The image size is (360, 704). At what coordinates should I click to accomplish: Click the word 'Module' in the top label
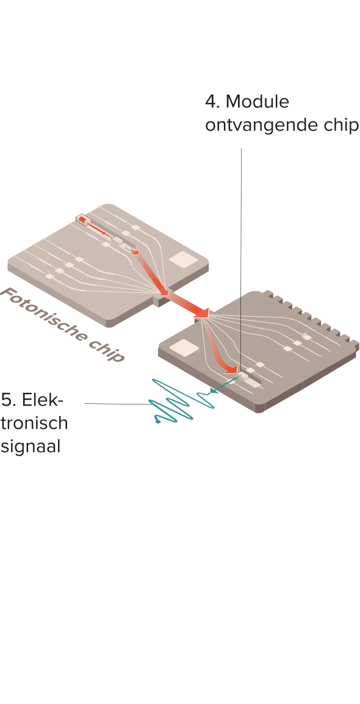click(257, 102)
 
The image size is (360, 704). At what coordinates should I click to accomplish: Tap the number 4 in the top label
click(210, 102)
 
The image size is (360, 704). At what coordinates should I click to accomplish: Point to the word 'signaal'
click(31, 448)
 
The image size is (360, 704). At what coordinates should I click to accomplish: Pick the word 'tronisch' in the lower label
click(34, 423)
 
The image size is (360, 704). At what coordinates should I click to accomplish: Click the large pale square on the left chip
click(183, 259)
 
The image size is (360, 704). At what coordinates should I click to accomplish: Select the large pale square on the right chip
click(184, 348)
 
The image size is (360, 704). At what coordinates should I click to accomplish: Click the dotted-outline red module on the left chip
click(84, 220)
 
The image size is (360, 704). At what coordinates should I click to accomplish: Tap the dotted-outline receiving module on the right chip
click(243, 376)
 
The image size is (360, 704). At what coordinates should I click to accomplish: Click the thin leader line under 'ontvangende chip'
click(241, 261)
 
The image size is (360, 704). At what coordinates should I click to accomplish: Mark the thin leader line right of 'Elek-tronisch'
click(118, 404)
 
